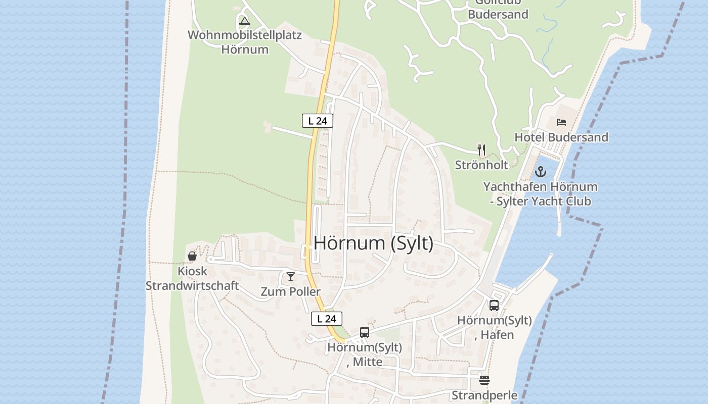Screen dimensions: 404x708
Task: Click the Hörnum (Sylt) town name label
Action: pyautogui.click(x=373, y=243)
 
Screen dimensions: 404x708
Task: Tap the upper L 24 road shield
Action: pyautogui.click(x=318, y=121)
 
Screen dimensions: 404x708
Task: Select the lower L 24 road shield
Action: pyautogui.click(x=327, y=319)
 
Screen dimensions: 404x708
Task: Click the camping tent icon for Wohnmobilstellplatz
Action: pyautogui.click(x=245, y=21)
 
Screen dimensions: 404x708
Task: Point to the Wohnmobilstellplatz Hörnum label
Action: pyautogui.click(x=245, y=42)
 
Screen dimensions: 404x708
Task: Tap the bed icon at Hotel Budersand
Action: pyautogui.click(x=561, y=122)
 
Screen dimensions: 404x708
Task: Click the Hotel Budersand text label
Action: pyautogui.click(x=561, y=137)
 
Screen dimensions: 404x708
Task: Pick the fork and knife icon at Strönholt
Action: pyautogui.click(x=481, y=150)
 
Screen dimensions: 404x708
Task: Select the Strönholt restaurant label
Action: pyautogui.click(x=481, y=165)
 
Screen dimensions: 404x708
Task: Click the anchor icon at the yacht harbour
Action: pyautogui.click(x=541, y=172)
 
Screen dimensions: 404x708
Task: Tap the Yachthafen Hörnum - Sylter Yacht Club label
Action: pyautogui.click(x=540, y=194)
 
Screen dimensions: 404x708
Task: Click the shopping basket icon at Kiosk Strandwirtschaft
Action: pyautogui.click(x=192, y=256)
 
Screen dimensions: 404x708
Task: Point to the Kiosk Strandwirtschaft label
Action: pyautogui.click(x=192, y=278)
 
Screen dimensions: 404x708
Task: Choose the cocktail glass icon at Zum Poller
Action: pyautogui.click(x=291, y=277)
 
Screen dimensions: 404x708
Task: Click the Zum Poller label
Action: pyautogui.click(x=290, y=292)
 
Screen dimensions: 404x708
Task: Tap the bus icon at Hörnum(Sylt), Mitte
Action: pyautogui.click(x=365, y=332)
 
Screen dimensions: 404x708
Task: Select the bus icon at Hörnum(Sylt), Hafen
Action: pyautogui.click(x=494, y=305)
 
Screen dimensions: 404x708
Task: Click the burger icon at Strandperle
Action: pyautogui.click(x=484, y=380)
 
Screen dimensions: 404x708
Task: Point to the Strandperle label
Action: pyautogui.click(x=484, y=395)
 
